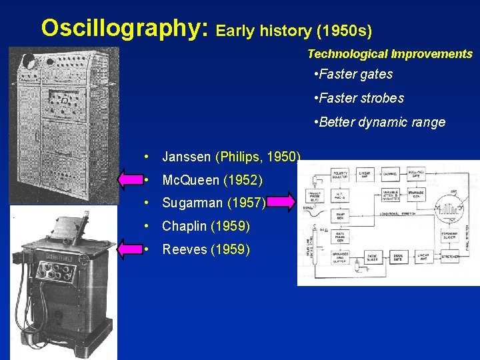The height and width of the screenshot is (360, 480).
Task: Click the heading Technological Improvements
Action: click(x=389, y=54)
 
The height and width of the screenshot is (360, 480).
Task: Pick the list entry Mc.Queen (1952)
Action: click(x=212, y=181)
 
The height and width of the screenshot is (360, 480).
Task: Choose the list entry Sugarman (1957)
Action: click(x=213, y=203)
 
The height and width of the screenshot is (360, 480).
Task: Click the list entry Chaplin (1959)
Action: click(x=205, y=226)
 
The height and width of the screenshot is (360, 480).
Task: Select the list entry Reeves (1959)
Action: click(x=206, y=249)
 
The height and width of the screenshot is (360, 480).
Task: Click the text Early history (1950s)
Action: click(x=294, y=30)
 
